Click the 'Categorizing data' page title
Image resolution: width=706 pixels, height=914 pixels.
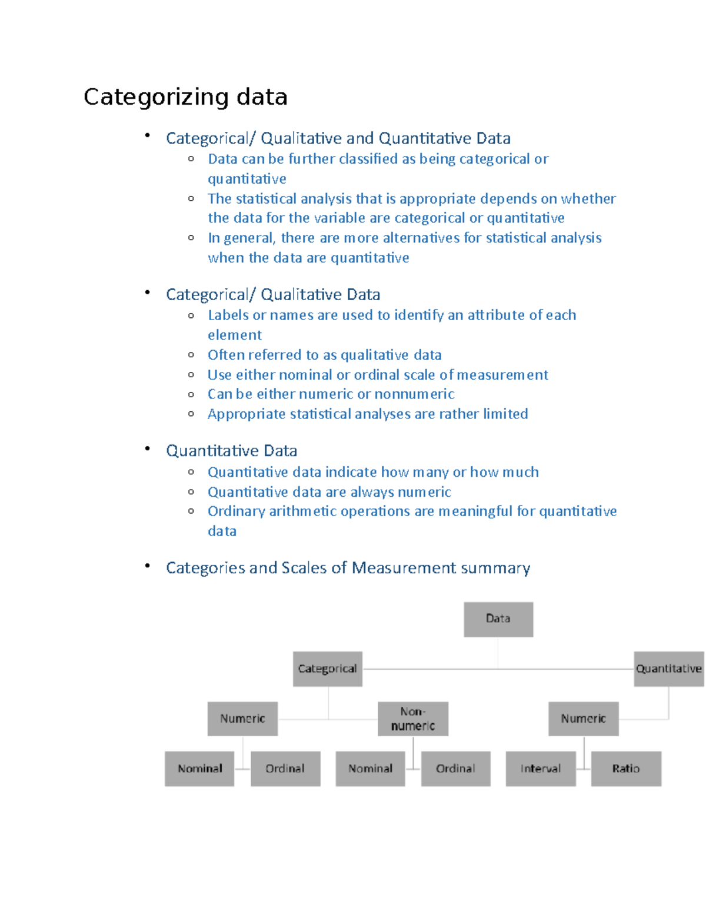click(x=185, y=97)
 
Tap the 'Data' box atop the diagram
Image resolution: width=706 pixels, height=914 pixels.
click(x=498, y=619)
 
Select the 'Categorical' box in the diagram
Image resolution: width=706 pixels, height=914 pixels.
click(x=328, y=669)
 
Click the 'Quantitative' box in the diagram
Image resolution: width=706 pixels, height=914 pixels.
click(x=669, y=669)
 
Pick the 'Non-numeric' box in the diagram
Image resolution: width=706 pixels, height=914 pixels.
click(x=413, y=719)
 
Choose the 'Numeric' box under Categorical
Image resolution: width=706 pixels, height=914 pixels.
click(x=242, y=719)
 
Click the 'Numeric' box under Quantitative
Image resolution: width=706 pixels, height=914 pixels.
click(x=583, y=719)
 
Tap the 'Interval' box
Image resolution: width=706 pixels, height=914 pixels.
click(x=541, y=769)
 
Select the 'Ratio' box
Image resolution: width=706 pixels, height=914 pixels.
click(x=626, y=769)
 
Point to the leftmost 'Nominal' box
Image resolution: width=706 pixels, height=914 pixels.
click(x=199, y=769)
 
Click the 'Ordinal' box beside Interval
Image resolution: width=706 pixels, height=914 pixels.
click(x=455, y=769)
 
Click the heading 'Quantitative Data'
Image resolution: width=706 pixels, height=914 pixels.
click(x=231, y=451)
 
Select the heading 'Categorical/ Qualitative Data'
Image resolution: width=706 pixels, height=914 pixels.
click(x=273, y=294)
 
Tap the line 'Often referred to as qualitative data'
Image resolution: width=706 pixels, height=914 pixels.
click(x=324, y=355)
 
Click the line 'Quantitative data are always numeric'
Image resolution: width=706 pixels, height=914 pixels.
click(x=329, y=492)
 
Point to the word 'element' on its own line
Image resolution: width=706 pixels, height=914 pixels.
click(x=235, y=335)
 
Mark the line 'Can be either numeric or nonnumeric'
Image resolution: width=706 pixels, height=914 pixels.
click(x=331, y=394)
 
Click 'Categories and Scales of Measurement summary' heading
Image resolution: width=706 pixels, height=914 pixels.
click(x=348, y=568)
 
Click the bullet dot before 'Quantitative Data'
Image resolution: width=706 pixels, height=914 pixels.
click(x=147, y=448)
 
